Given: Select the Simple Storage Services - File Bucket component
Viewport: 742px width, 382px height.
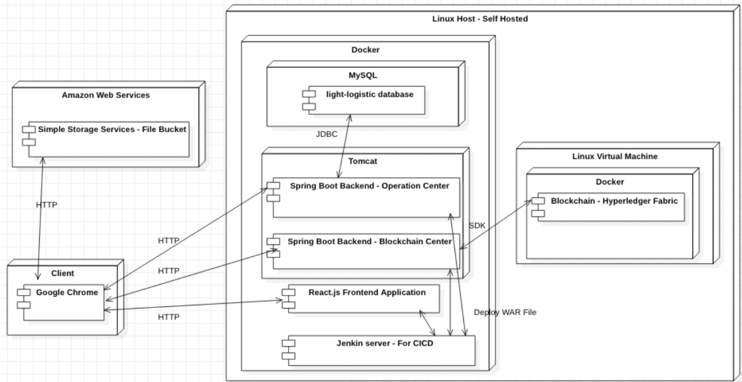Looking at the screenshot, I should (109, 139).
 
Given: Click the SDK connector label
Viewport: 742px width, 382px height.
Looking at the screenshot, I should (476, 225).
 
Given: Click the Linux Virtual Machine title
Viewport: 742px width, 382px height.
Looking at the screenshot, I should (615, 157).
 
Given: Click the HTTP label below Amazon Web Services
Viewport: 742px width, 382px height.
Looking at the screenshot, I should (46, 205).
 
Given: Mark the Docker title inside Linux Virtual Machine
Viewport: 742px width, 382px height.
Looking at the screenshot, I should (610, 181).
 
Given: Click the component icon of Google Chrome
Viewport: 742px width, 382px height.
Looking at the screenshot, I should (24, 298).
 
